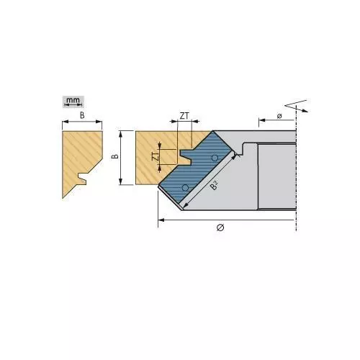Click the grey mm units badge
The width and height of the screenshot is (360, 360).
(73, 102)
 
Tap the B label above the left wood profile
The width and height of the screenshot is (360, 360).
(82, 115)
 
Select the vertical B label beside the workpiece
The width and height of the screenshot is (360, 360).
(115, 156)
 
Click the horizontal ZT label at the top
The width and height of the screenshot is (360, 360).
(184, 116)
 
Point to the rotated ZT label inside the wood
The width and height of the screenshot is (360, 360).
(156, 156)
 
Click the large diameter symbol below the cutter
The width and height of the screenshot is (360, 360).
(220, 227)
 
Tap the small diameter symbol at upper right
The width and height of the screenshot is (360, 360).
(279, 116)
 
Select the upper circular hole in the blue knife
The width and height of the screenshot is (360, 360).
(215, 158)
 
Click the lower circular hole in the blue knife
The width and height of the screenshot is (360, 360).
(185, 188)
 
